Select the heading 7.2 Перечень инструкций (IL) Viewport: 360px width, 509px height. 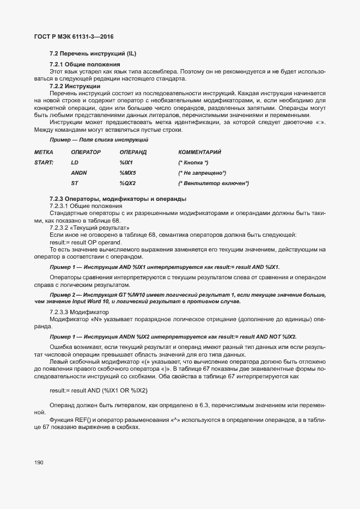[x=93, y=54]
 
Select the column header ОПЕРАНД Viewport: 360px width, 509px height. [x=133, y=151]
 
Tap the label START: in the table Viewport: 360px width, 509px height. [x=44, y=162]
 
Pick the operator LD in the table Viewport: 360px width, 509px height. [x=75, y=162]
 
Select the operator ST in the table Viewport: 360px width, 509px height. [x=75, y=183]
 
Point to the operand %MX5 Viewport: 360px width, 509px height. [x=127, y=173]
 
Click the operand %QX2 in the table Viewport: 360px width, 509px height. [x=127, y=183]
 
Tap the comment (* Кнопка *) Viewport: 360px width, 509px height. [x=193, y=162]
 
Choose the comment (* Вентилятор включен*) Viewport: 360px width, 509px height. [x=213, y=183]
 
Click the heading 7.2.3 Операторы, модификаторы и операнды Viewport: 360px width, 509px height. [x=118, y=199]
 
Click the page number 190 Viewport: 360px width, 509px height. [x=39, y=462]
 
